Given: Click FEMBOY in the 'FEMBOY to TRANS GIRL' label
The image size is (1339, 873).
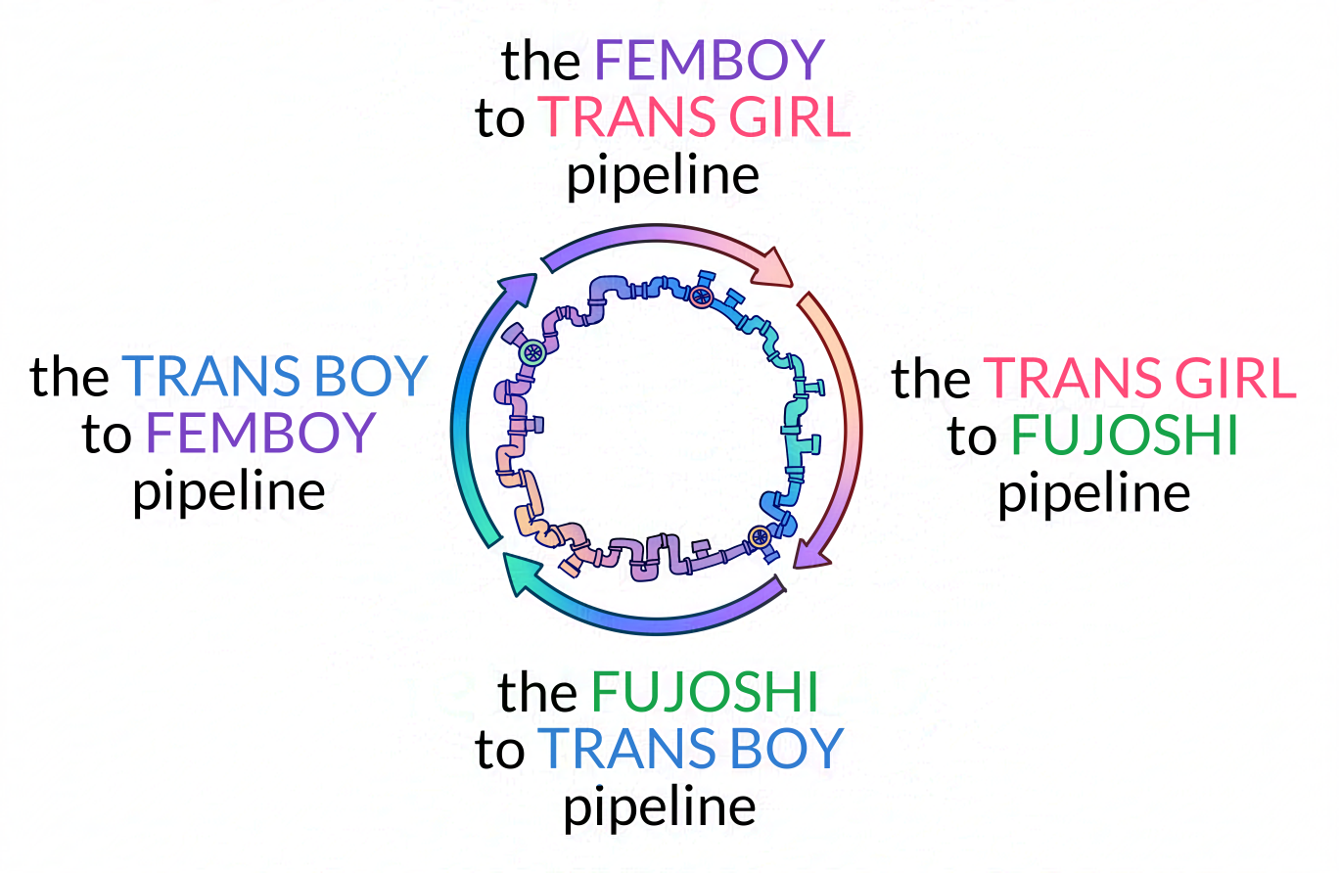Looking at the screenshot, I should pyautogui.click(x=710, y=62).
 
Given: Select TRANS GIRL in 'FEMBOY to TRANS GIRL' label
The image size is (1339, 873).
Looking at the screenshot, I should pyautogui.click(x=696, y=119).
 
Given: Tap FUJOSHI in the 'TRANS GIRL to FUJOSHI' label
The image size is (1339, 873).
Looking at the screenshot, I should pyautogui.click(x=1125, y=436).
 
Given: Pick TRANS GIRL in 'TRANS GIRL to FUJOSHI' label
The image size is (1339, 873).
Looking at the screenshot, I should pyautogui.click(x=1140, y=380).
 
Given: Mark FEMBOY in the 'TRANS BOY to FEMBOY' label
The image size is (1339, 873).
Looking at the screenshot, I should pyautogui.click(x=261, y=435).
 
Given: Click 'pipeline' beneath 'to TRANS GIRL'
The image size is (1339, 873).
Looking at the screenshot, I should pyautogui.click(x=664, y=177).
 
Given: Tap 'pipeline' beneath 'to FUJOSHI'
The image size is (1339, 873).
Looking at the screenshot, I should pyautogui.click(x=1093, y=493).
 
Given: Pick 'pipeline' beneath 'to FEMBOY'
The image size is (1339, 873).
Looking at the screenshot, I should pyautogui.click(x=229, y=492).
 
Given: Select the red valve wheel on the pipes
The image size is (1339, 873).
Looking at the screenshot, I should pyautogui.click(x=700, y=296).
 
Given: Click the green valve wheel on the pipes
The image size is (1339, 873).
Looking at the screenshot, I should pyautogui.click(x=532, y=353).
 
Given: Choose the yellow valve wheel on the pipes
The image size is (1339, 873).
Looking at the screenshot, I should pyautogui.click(x=759, y=535).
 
